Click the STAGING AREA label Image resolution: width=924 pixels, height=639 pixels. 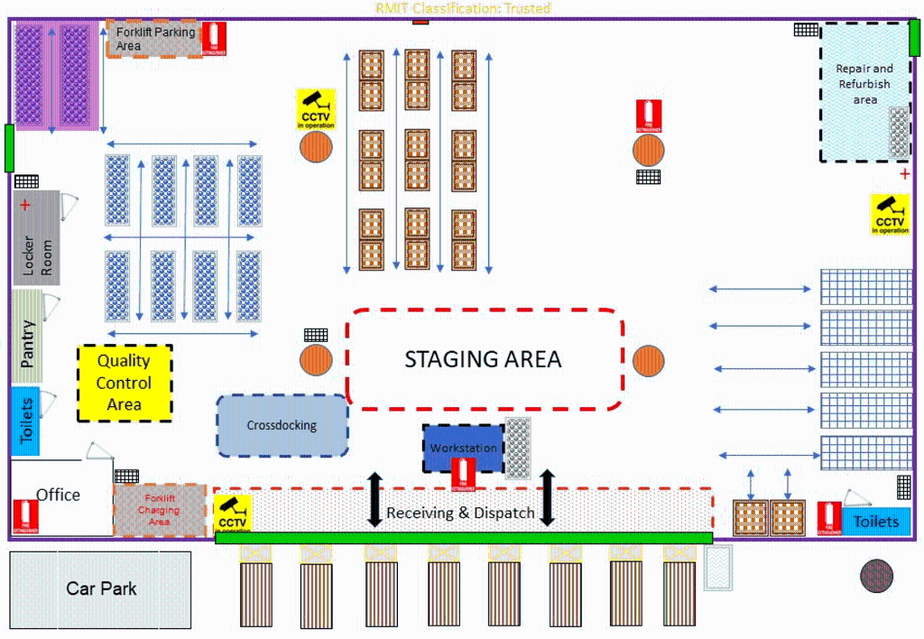point(483,359)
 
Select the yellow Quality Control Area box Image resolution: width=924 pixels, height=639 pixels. point(125,383)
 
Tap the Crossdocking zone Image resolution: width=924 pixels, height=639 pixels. point(282,425)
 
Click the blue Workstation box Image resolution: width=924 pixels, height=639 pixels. point(463,448)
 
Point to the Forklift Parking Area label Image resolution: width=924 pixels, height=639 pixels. point(154,38)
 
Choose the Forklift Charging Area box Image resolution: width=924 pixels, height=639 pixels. point(159,510)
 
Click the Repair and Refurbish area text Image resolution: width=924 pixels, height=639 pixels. point(864,84)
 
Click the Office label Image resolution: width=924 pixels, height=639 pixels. point(58,495)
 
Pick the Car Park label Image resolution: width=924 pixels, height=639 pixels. point(101,588)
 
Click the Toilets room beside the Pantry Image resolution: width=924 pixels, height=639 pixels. point(26,421)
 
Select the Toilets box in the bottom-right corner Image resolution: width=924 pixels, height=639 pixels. point(875,521)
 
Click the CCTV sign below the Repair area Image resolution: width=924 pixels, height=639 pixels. point(890,214)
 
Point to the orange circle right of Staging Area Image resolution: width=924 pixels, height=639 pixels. point(648,361)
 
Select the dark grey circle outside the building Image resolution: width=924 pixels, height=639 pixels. point(875,575)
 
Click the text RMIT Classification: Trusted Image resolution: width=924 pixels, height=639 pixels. point(463,8)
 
